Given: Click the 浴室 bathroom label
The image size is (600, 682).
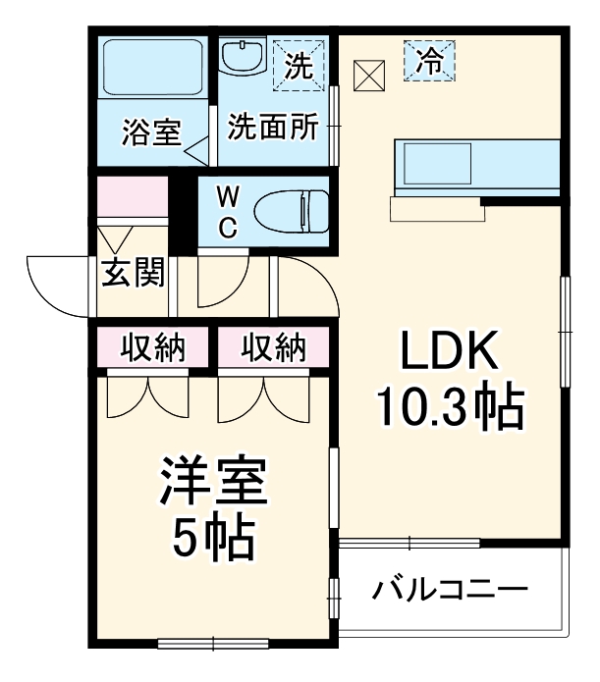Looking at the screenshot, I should (151, 131).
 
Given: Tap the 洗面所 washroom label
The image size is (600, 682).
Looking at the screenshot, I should (272, 128).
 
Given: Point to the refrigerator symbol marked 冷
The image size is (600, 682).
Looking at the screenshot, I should (428, 61).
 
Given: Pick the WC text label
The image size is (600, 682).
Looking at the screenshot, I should (227, 210).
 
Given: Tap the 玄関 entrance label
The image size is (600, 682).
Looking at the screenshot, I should (133, 273).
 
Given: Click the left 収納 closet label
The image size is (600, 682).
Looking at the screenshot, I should (152, 347).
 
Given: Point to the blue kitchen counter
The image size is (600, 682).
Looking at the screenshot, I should (477, 164).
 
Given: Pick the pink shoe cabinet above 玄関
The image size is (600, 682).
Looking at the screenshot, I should (133, 199).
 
